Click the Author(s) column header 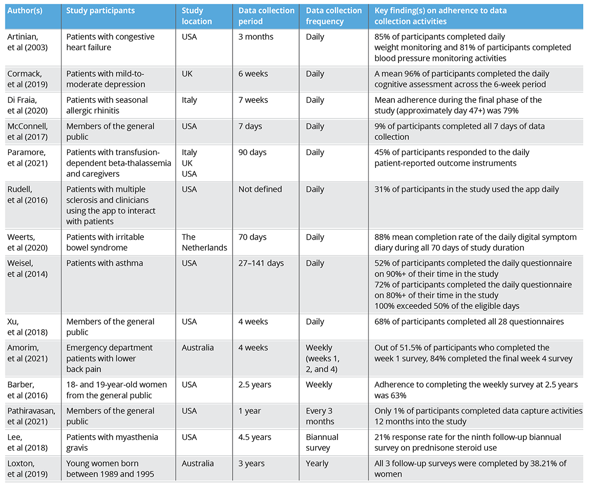point(24,10)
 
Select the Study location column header point(197,16)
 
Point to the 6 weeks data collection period point(253,74)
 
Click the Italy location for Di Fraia point(189,100)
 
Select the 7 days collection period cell point(250,126)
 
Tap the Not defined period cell point(260,189)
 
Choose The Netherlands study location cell point(204,242)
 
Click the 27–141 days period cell point(261,263)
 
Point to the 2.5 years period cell point(255,385)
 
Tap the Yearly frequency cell point(319,463)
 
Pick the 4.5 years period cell point(255,437)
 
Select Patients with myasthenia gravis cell point(112,442)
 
